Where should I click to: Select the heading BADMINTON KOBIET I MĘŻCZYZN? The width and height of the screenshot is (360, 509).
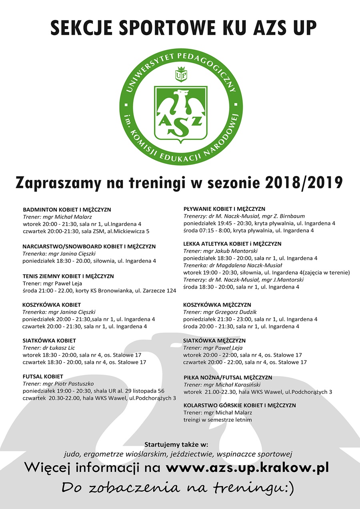[67, 210]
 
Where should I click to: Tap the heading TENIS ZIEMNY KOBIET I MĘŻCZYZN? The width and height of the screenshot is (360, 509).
[68, 276]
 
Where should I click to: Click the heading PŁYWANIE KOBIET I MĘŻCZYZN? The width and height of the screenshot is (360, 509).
[224, 209]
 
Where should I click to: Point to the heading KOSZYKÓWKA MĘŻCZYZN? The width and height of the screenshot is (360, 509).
[217, 305]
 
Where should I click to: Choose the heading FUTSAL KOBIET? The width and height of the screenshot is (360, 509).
[43, 377]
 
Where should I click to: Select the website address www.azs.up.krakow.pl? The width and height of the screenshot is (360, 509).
[247, 467]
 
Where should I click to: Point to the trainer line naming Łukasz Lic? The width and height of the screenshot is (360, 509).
[49, 348]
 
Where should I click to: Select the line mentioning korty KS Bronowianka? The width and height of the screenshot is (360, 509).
[99, 291]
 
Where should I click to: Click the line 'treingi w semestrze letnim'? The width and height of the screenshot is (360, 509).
[218, 420]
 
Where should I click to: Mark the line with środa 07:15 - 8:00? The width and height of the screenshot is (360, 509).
[248, 231]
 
